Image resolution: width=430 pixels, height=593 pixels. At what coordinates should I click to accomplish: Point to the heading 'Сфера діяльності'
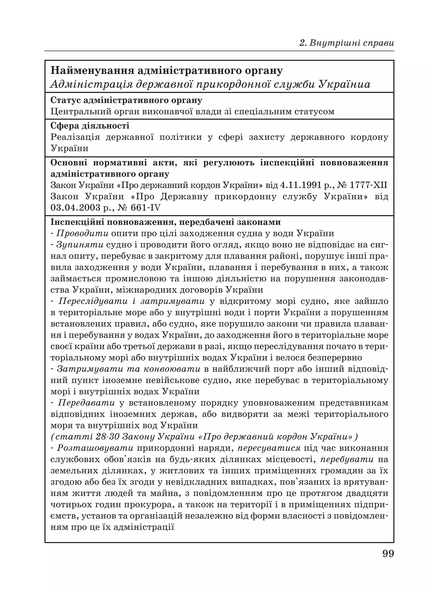[x=90, y=126]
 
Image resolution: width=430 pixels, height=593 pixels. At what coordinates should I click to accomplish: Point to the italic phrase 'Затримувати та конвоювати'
[x=129, y=369]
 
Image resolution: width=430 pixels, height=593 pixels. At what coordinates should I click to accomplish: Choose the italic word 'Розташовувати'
[x=95, y=448]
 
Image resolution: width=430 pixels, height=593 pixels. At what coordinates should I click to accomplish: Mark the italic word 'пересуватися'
[x=269, y=448]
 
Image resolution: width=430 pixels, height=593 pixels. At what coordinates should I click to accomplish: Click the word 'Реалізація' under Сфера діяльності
[x=75, y=137]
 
